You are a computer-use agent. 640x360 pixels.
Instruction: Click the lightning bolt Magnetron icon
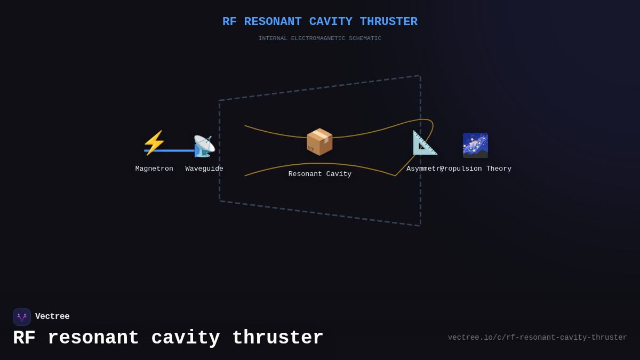point(154,143)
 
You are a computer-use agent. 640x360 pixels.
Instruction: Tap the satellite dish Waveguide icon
point(204,146)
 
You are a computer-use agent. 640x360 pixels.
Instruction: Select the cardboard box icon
point(319,142)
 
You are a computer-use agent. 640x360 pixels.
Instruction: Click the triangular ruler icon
point(425,143)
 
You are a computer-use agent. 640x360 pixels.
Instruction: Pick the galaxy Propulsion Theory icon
point(475,145)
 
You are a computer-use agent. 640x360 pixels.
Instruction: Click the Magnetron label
point(154,169)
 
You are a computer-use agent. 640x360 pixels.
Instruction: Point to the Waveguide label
point(204,169)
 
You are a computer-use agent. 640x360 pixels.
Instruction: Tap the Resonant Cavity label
point(320,174)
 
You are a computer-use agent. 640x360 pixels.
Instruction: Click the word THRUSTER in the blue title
point(388,22)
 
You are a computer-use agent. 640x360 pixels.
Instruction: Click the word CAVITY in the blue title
point(331,22)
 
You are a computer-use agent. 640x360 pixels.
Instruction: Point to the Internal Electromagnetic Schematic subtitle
point(320,38)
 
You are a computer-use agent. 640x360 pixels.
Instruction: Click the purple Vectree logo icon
point(22,317)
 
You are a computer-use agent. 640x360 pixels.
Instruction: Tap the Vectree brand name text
point(52,317)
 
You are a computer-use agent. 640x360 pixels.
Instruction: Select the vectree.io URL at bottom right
point(537,338)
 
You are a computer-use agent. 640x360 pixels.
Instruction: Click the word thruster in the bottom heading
point(278,338)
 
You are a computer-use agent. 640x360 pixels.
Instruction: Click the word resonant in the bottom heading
point(93,338)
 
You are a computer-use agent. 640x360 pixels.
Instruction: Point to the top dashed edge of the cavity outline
point(320,88)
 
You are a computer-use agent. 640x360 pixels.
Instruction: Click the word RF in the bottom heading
point(24,338)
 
